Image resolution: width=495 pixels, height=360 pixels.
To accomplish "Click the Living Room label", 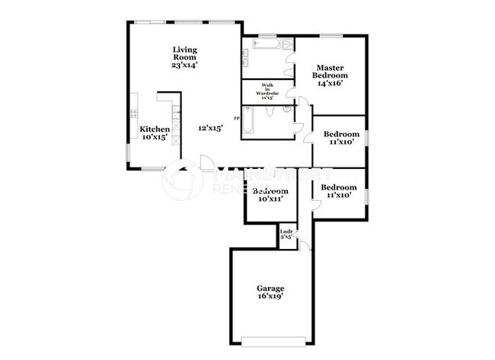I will point(184,53).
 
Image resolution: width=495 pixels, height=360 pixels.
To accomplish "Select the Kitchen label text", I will point(154,129).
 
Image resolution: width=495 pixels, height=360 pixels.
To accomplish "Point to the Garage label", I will point(270,288).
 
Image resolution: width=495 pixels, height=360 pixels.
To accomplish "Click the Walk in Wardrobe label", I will point(267,89).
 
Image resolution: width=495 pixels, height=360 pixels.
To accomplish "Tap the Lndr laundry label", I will point(286,231).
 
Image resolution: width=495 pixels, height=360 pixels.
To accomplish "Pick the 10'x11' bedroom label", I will point(270,198).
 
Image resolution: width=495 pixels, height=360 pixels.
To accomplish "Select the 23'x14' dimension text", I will point(184,65).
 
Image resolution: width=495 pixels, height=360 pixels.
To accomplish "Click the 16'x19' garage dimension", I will point(270,298).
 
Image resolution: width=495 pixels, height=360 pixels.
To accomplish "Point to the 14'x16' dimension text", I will point(331,84).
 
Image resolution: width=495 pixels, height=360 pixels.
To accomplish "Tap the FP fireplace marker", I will point(237,119).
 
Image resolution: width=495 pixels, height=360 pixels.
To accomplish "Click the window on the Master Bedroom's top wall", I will point(330,35).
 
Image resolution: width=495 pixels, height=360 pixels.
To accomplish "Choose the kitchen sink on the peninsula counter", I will point(175,114).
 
